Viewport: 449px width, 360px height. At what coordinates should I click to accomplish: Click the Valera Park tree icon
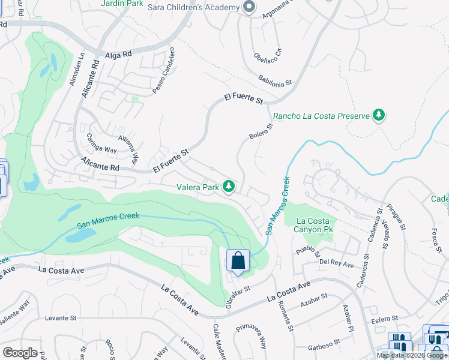[229, 187]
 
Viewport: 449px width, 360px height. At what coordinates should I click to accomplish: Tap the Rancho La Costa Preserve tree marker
[379, 115]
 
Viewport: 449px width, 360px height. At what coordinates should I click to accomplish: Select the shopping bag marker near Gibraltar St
[238, 262]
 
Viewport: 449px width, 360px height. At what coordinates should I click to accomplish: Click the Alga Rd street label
[118, 55]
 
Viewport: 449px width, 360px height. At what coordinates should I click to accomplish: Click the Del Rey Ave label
[336, 262]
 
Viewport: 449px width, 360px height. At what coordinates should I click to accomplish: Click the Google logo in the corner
[20, 352]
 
